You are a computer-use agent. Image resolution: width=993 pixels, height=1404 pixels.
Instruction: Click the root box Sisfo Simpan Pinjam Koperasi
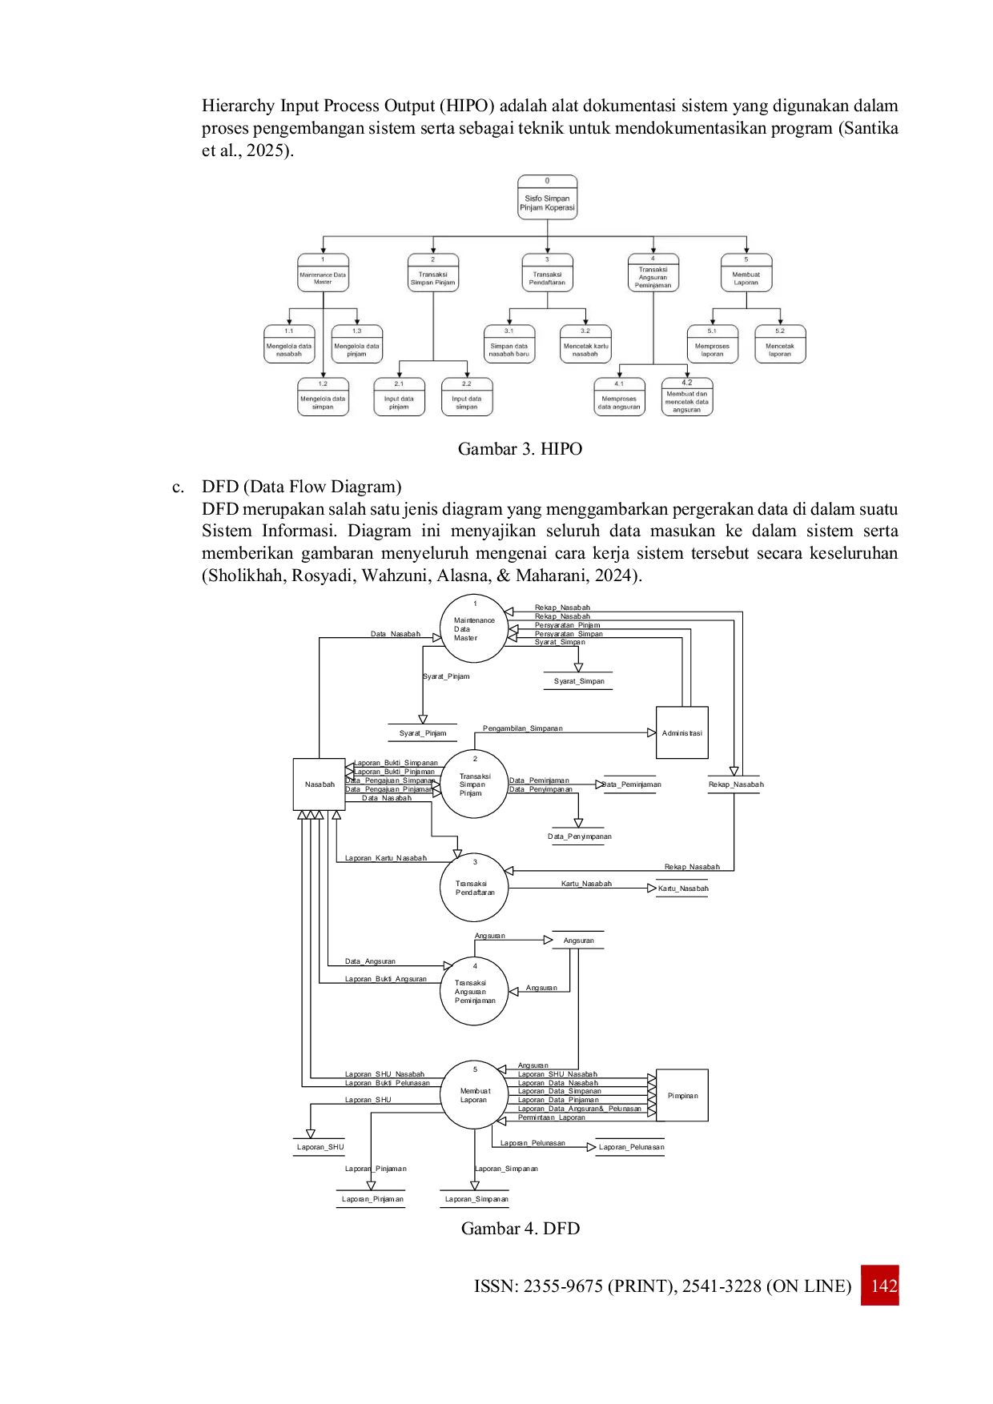[547, 197]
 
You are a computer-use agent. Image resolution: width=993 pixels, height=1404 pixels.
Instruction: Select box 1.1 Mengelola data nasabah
[289, 344]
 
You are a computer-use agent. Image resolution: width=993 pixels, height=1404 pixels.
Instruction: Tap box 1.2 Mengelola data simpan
[323, 397]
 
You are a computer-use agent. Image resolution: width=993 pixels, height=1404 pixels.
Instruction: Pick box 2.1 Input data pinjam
[399, 397]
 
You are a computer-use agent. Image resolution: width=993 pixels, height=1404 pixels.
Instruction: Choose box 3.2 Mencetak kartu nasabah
[585, 344]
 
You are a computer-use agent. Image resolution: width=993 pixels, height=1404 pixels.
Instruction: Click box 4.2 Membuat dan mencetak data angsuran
[686, 397]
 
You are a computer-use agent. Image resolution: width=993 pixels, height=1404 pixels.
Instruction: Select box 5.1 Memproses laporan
[712, 344]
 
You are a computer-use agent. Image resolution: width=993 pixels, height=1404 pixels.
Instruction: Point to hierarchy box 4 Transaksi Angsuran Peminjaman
[653, 273]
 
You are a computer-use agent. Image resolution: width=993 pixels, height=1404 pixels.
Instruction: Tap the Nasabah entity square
[318, 784]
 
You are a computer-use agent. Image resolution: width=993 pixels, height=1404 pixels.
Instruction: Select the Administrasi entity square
[681, 733]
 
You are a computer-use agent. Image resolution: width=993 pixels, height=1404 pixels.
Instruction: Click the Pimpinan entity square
[682, 1096]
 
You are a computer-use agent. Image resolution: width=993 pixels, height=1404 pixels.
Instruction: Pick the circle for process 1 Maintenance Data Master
[474, 629]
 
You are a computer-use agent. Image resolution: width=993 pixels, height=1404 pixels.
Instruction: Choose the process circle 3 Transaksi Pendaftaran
[474, 888]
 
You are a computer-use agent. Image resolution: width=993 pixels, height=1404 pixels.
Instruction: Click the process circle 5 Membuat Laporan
[474, 1095]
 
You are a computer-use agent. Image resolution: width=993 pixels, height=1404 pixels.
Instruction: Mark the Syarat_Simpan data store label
[579, 681]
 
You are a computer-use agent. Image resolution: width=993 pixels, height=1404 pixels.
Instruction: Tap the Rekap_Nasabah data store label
[735, 784]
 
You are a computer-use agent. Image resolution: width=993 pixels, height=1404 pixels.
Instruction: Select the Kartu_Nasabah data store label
[682, 889]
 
